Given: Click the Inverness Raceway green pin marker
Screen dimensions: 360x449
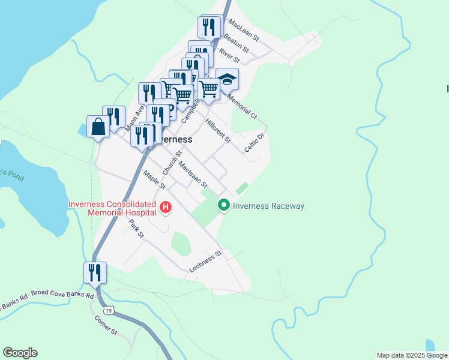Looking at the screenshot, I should coord(224,206).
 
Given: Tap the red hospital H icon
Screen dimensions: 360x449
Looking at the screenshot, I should coord(166,208).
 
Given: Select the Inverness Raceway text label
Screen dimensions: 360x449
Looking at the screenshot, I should coord(268,206).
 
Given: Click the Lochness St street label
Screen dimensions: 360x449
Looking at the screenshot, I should coord(205,260).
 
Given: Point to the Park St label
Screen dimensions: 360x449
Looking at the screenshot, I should coord(137,229).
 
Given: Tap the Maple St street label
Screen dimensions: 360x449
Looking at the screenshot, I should coord(154,180).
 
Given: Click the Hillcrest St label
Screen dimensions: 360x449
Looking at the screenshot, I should coord(217,131).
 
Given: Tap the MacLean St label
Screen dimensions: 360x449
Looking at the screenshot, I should coord(243,29).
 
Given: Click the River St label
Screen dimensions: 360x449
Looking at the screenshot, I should coord(229,55).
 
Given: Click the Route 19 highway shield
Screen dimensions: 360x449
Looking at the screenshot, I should coord(108,310).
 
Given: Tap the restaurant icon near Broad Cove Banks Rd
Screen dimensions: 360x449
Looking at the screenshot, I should coord(95,272).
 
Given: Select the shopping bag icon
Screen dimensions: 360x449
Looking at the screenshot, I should coord(98,127).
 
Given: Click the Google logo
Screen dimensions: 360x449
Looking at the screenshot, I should coord(20,353).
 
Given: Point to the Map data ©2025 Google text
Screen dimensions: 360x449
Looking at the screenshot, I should coord(412,355).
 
